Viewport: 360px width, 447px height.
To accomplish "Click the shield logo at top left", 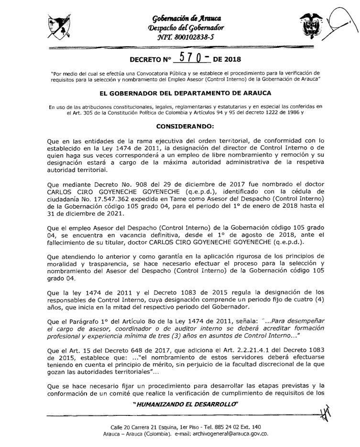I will tap(60, 29).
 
